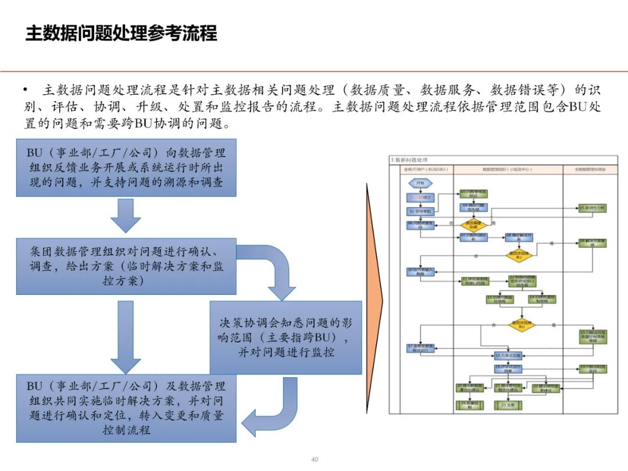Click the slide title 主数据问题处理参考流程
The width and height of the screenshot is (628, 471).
point(121,33)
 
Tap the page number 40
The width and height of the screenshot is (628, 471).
point(315,459)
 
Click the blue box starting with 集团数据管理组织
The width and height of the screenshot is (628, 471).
point(126,266)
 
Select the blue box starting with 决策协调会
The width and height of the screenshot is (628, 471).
point(286,337)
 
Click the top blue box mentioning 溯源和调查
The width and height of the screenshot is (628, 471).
point(126,167)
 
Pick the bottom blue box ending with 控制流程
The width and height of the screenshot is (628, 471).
point(126,408)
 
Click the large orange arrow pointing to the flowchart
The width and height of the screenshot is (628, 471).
point(374,302)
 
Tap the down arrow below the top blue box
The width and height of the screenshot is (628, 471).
point(126,216)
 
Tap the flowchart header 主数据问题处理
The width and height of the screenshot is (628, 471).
point(409,159)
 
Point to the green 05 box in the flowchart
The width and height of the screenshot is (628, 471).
point(591,208)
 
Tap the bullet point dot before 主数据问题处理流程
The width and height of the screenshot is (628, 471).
point(26,90)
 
